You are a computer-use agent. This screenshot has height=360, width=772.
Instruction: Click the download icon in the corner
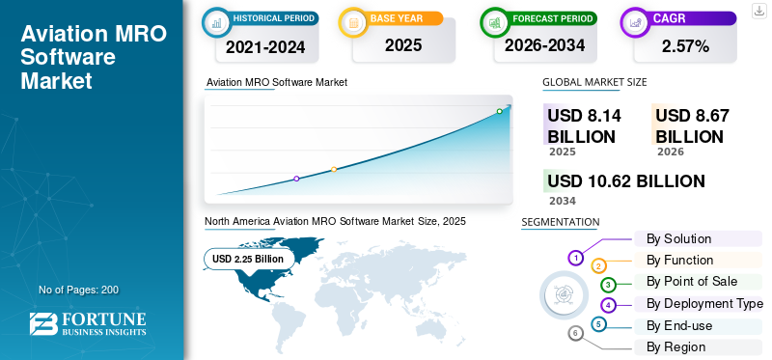(758, 11)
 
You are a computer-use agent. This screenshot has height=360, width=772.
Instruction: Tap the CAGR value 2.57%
(685, 46)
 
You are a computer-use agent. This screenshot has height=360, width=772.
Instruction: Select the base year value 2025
(403, 45)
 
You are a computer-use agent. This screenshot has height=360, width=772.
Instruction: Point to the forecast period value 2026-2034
(544, 45)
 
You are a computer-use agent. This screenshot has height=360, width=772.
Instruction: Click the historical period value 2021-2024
(265, 47)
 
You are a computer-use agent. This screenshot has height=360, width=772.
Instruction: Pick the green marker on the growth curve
(499, 111)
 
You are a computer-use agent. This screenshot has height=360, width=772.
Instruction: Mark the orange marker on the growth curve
(334, 170)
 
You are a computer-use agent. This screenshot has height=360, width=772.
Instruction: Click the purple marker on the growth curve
(296, 179)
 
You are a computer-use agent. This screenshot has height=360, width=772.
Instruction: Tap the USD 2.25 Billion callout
(248, 259)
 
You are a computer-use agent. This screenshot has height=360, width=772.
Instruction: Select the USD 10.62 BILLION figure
(625, 181)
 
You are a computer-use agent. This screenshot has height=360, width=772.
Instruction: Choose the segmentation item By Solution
(678, 238)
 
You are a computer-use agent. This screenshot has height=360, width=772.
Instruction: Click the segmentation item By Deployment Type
(704, 304)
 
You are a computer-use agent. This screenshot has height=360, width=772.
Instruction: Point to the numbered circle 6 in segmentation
(575, 334)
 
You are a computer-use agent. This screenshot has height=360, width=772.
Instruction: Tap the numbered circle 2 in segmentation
(598, 267)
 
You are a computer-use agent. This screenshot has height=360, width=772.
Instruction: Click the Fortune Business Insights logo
(88, 323)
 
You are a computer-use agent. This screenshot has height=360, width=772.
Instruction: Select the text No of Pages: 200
(78, 290)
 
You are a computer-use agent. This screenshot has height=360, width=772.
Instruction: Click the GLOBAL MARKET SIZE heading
(594, 82)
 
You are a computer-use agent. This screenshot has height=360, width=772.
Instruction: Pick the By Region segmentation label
(676, 347)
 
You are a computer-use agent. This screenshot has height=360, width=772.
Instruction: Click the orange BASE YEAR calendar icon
(353, 22)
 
